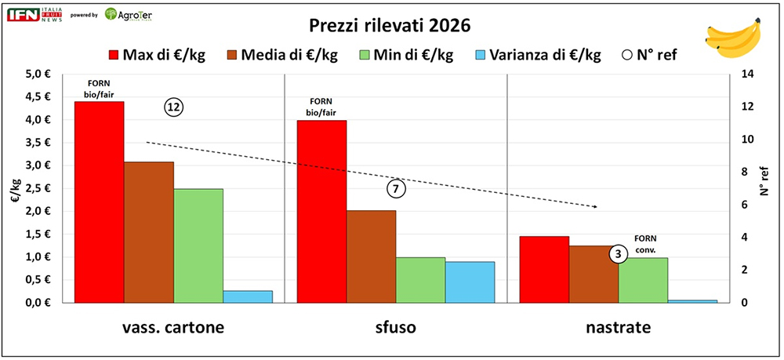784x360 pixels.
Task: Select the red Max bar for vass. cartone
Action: click(99, 202)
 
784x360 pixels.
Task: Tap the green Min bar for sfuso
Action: click(420, 279)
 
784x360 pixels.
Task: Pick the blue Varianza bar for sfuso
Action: click(470, 282)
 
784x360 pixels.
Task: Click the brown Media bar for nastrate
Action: click(593, 274)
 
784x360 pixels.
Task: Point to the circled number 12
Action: click(173, 108)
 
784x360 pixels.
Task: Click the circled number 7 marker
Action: click(397, 189)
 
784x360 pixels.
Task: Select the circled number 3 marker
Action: click(619, 254)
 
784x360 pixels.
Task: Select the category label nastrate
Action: click(619, 328)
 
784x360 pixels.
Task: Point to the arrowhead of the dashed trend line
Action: click(596, 207)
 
